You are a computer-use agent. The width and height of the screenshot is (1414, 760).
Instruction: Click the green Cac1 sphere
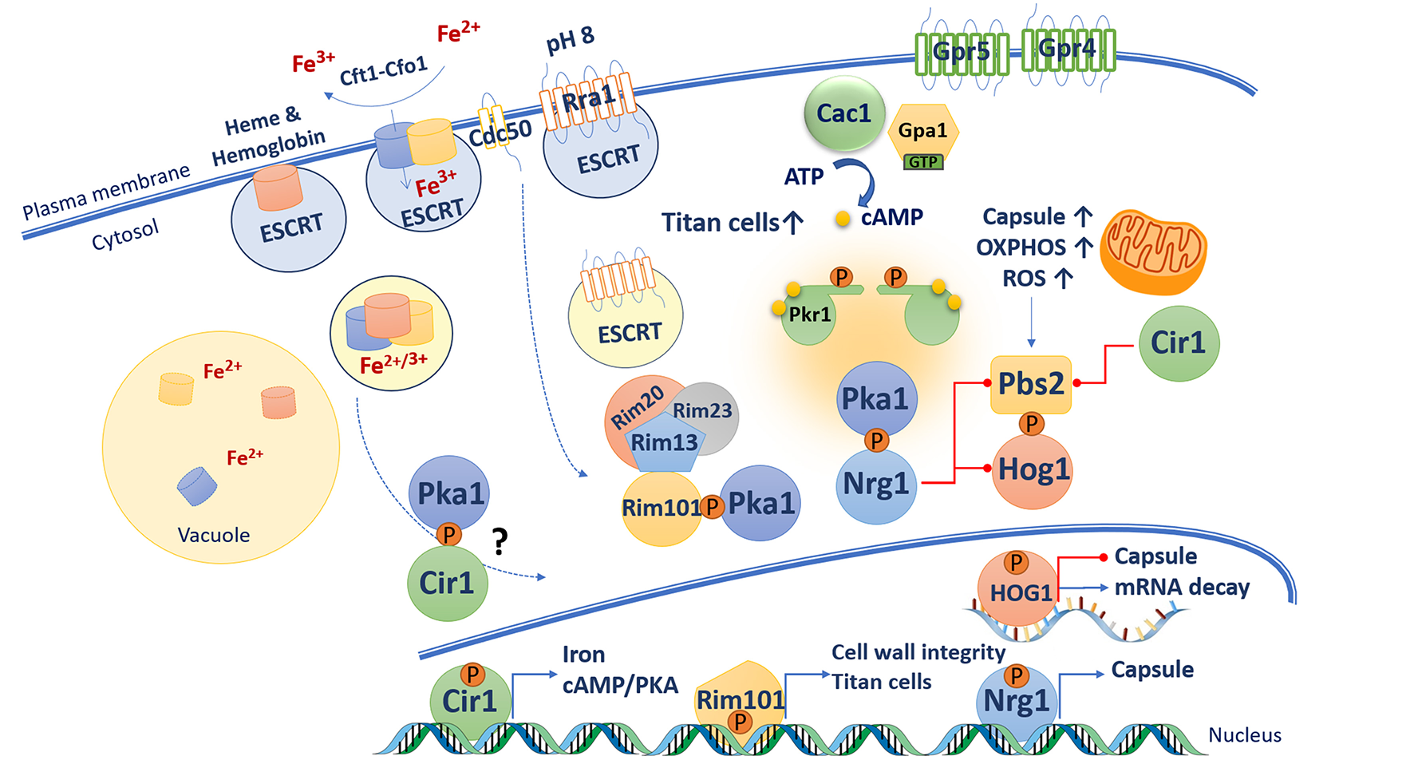click(x=844, y=114)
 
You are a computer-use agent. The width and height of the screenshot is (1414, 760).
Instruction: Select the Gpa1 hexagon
click(x=922, y=132)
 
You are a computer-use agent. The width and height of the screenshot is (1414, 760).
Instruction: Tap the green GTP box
click(x=922, y=162)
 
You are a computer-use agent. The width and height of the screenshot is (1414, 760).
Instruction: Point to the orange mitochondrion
click(x=1153, y=251)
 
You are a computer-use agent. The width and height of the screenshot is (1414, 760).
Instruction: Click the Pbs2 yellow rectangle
click(x=1030, y=384)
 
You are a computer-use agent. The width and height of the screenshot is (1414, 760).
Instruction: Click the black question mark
click(x=500, y=542)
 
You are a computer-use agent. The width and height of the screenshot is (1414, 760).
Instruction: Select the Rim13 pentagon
click(x=664, y=442)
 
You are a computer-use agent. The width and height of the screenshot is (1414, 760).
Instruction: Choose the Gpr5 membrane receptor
click(x=962, y=53)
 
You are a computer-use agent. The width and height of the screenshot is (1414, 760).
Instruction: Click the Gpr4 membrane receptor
click(x=1068, y=49)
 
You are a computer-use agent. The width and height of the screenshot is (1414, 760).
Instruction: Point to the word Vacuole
click(x=213, y=535)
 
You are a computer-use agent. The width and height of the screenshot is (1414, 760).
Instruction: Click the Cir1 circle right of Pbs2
click(x=1178, y=343)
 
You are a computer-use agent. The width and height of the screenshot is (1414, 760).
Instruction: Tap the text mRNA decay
click(x=1181, y=588)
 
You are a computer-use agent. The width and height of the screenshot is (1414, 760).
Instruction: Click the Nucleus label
click(x=1244, y=735)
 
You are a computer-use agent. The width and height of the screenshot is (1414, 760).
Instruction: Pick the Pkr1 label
click(x=809, y=315)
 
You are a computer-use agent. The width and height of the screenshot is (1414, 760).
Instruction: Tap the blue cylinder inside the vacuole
click(x=197, y=486)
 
